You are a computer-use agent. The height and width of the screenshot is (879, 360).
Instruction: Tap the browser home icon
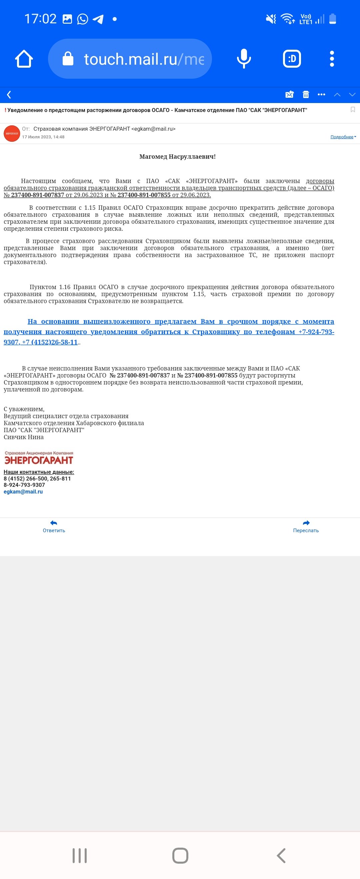click(x=24, y=59)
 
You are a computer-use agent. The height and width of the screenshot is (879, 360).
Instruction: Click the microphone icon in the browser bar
click(x=244, y=59)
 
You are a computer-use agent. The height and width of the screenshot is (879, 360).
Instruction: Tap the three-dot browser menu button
click(x=332, y=59)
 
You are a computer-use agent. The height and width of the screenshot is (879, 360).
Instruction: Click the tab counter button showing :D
click(x=292, y=59)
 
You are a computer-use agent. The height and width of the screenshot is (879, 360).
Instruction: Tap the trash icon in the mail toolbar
click(x=306, y=94)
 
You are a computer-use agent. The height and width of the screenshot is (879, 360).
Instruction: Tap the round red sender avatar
click(x=12, y=133)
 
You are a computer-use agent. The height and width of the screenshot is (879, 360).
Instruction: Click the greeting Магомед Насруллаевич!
click(x=177, y=157)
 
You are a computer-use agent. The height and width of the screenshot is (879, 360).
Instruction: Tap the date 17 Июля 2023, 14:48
click(x=43, y=137)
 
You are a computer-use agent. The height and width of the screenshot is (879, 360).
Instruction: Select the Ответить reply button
click(x=54, y=526)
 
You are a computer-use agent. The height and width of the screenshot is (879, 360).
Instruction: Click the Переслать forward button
click(x=306, y=526)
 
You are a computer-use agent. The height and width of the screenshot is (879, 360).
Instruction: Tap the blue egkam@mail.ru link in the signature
click(x=23, y=492)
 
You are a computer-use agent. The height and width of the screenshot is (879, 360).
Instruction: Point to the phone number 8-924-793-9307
click(x=24, y=485)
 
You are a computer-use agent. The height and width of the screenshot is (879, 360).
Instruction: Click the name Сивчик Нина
click(x=24, y=437)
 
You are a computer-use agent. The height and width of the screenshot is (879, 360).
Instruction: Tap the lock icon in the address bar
click(x=68, y=59)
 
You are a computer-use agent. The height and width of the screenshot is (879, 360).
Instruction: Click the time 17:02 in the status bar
click(x=40, y=19)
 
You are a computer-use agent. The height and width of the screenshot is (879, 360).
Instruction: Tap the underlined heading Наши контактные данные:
click(x=39, y=472)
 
